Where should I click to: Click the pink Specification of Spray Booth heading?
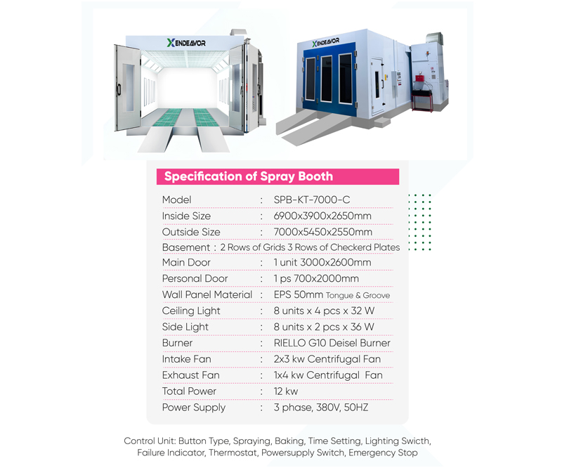249,176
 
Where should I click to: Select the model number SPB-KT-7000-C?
312,200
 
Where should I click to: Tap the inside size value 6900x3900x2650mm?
322,216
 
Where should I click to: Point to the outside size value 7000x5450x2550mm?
323,232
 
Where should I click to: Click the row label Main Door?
186,263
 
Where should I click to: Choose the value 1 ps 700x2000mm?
316,279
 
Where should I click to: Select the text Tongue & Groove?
358,296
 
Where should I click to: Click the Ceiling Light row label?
191,311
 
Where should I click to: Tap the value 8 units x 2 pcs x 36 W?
324,327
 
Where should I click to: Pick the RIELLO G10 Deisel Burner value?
332,343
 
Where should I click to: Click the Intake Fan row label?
186,359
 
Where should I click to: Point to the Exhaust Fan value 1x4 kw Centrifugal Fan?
328,375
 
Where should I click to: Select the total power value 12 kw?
286,391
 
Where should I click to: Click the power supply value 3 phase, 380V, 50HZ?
321,408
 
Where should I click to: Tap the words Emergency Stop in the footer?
383,453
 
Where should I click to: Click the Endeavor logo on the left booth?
186,43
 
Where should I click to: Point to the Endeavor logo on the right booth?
325,42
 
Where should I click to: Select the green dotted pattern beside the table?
419,222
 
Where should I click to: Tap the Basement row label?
186,247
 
